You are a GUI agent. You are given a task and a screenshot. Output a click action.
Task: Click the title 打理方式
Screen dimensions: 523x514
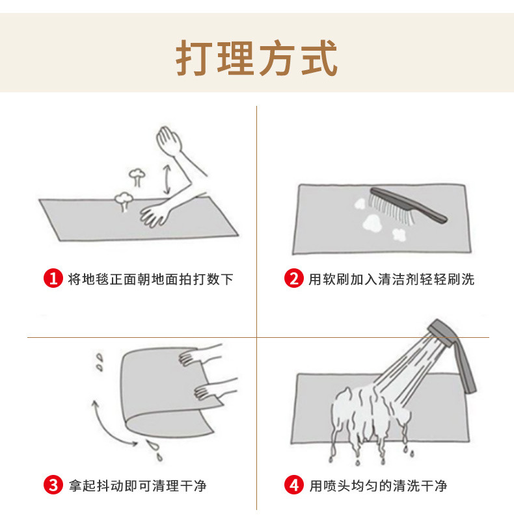[257, 59]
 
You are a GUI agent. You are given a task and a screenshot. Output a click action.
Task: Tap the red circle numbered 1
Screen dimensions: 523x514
[53, 279]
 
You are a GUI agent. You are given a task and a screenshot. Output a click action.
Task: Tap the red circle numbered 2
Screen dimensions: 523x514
[293, 279]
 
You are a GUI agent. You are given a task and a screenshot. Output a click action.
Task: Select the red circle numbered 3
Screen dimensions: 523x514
[53, 485]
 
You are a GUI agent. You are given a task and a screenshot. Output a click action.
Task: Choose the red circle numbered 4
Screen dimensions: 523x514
[293, 485]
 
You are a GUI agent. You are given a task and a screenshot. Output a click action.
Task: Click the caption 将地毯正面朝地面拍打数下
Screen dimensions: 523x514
[150, 279]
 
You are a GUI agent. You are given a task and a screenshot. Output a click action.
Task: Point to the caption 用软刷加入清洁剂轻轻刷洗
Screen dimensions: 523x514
[391, 279]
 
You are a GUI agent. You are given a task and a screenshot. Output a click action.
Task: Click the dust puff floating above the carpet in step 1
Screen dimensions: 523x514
[137, 175]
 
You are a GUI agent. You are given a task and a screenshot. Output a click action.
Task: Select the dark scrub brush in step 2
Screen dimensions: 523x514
[407, 204]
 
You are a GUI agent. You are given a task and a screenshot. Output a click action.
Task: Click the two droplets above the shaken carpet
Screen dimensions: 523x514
[99, 362]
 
